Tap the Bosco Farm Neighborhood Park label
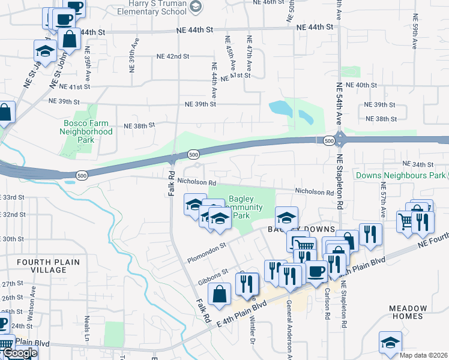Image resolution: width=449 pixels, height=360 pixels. click(87, 131)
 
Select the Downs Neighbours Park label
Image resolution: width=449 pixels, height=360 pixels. click(399, 176)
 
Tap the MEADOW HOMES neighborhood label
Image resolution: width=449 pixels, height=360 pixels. click(408, 312)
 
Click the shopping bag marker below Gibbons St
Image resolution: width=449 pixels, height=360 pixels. click(219, 294)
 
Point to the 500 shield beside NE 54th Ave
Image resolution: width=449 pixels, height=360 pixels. click(328, 140)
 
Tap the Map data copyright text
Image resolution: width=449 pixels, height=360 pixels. click(424, 355)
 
